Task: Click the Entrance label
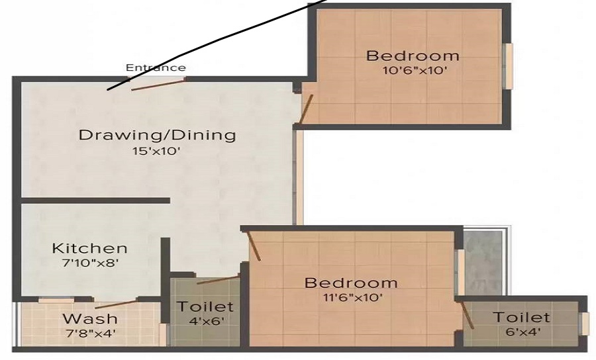[x=156, y=67]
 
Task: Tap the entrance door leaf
[x=158, y=83]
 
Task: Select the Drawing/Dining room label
[x=157, y=136]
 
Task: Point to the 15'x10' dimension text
[x=157, y=151]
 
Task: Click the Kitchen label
[x=89, y=249]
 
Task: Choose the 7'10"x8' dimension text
[x=89, y=263]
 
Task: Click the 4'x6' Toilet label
[x=205, y=307]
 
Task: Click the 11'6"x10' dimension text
[x=351, y=297]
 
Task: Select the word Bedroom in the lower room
[x=351, y=283]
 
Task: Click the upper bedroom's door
[x=306, y=109]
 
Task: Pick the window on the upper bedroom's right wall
[x=509, y=66]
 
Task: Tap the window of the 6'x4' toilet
[x=585, y=324]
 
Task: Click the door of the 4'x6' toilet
[x=217, y=280]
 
